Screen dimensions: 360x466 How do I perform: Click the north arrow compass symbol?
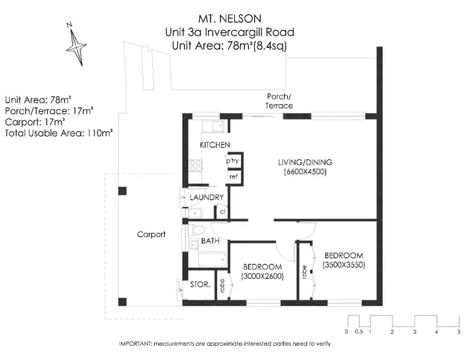[x=76, y=44]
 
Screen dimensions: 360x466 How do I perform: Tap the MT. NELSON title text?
[x=229, y=19]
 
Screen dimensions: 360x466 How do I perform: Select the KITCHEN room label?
[x=215, y=145]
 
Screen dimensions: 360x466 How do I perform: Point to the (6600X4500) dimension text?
[x=305, y=171]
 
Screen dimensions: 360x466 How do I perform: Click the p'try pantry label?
[x=234, y=161]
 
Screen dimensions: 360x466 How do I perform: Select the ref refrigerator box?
[x=234, y=177]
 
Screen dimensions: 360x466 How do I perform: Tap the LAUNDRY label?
[x=206, y=197]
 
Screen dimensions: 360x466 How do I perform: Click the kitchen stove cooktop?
[x=196, y=166]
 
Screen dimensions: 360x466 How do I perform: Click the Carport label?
[x=151, y=235]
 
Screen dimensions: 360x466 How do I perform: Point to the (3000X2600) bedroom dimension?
[x=262, y=276]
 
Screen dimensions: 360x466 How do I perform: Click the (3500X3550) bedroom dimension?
[x=344, y=265]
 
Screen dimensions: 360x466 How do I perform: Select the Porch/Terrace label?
[x=279, y=101]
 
